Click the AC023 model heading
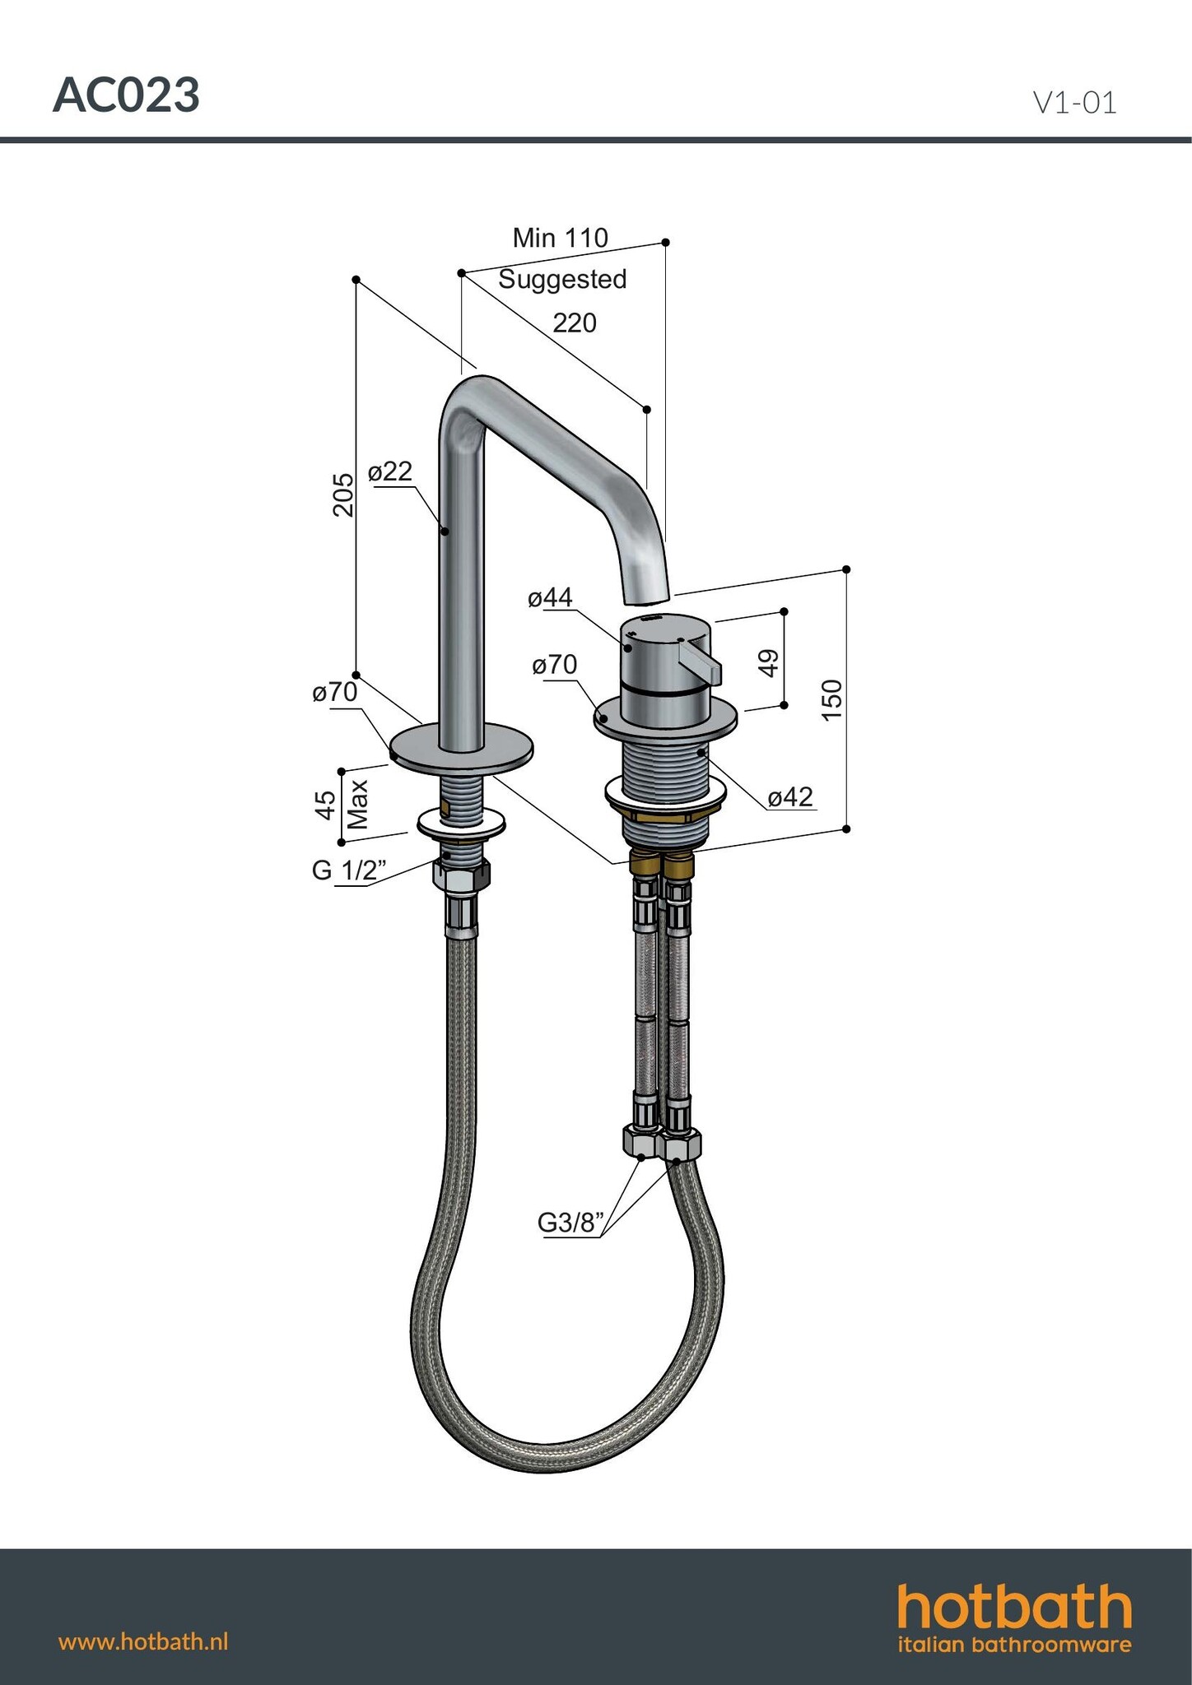click(126, 96)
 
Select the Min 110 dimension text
click(560, 238)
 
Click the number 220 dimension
click(575, 323)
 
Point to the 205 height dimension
click(343, 494)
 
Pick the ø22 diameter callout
click(390, 471)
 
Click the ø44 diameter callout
click(550, 597)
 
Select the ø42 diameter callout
click(790, 796)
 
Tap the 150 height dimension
click(833, 699)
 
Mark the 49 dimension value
click(769, 662)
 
